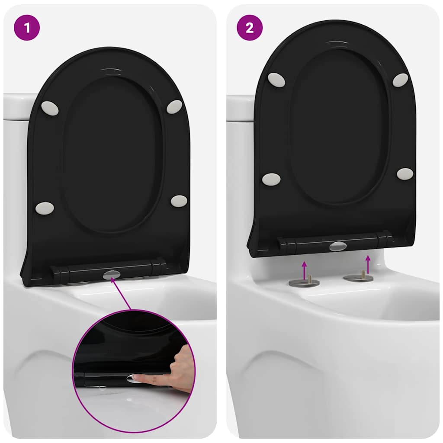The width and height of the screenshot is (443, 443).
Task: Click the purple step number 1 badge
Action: point(27,28)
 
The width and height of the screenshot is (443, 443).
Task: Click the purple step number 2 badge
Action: point(250,28)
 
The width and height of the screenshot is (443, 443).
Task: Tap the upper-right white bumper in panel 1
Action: point(174,107)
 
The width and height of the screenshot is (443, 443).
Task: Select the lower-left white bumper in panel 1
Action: point(45,208)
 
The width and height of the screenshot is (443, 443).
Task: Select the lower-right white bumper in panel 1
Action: point(179,201)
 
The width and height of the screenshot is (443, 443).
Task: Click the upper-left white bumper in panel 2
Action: point(276,80)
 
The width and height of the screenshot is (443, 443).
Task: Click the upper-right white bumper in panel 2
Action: point(400,80)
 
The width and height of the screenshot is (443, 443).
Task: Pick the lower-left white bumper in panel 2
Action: point(271,179)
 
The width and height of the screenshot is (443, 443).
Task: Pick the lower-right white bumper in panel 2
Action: point(405,174)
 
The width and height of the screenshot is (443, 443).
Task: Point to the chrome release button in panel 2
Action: point(337,246)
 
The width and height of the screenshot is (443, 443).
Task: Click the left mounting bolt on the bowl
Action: point(304,282)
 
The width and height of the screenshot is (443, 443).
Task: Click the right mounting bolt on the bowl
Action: point(359,276)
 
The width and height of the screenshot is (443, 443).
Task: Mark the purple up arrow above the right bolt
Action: point(368,262)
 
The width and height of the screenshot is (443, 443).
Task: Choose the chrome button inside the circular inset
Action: point(132,379)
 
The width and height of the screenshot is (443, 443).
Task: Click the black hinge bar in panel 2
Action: point(303,244)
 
